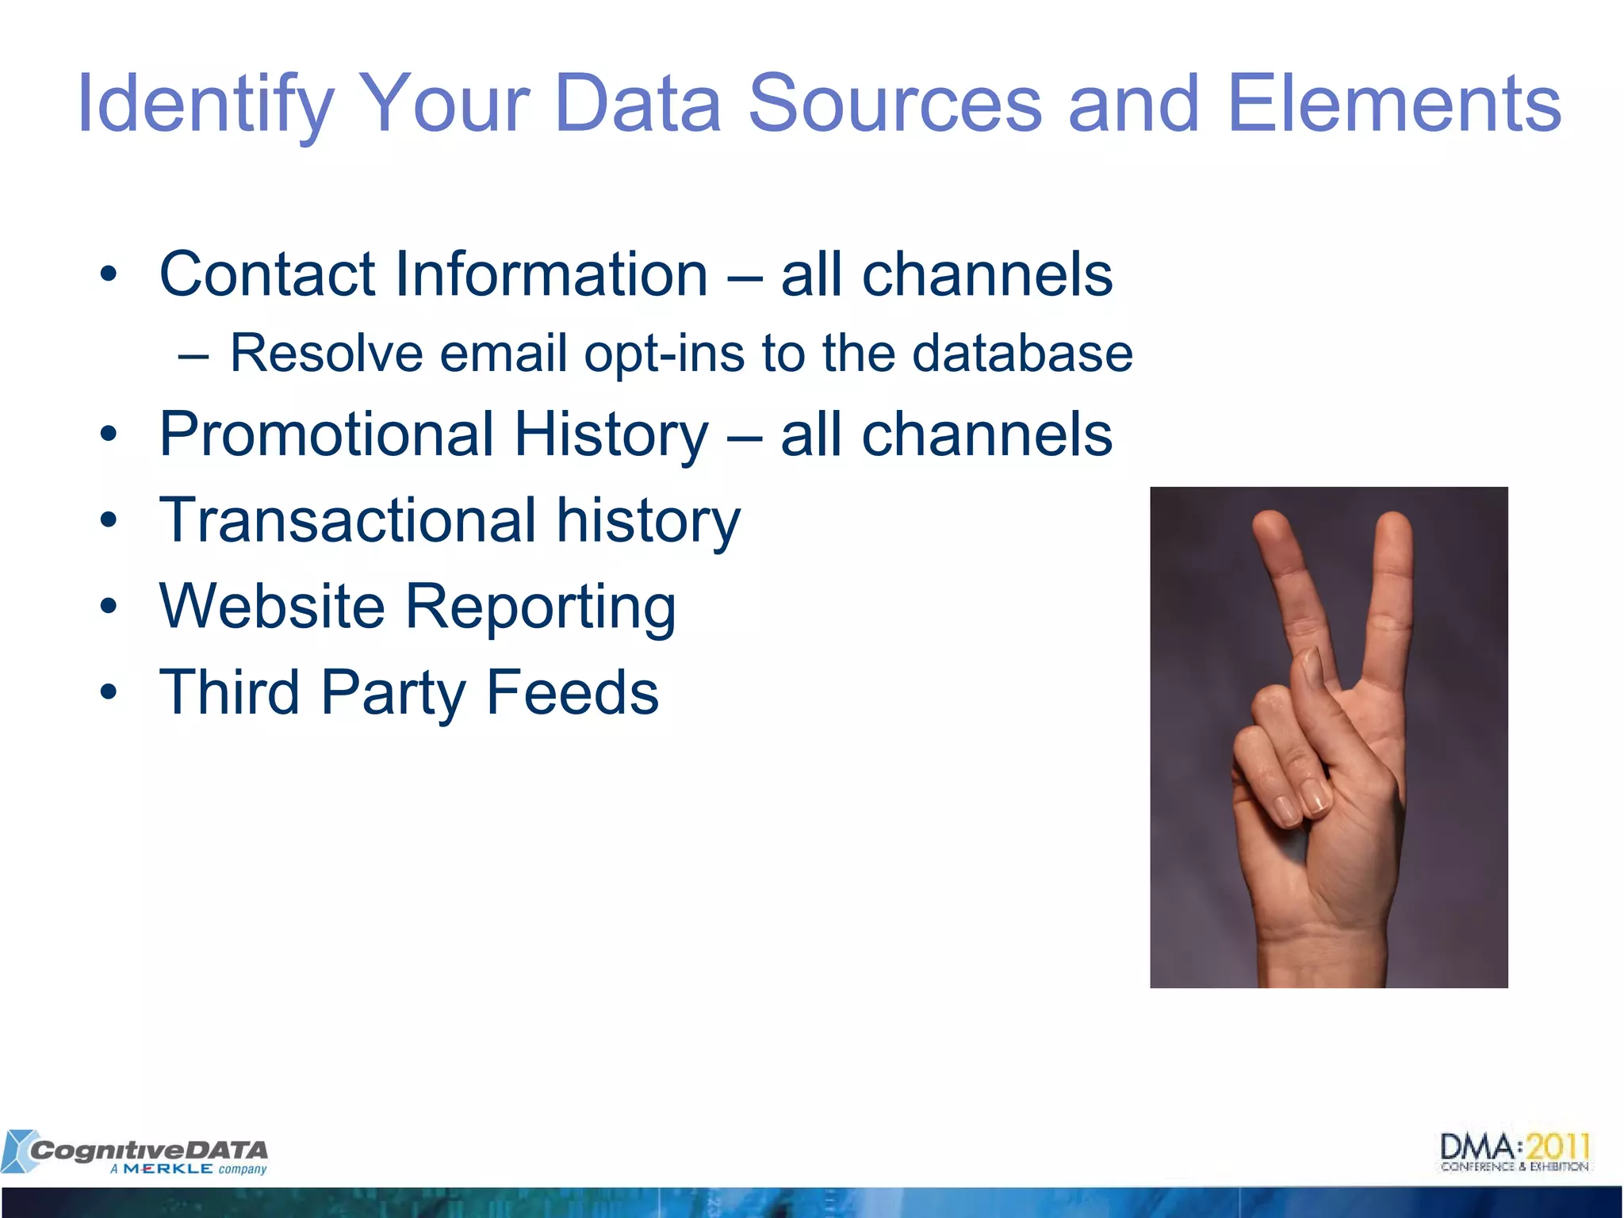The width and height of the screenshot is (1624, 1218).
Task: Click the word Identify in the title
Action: tap(205, 105)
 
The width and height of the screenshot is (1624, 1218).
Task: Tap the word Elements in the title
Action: tap(1393, 105)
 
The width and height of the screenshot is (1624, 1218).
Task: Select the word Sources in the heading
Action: tap(894, 105)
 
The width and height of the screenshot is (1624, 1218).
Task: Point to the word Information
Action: tap(550, 274)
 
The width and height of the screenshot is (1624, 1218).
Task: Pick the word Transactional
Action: tap(348, 521)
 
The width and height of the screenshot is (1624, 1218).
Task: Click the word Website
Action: tap(272, 607)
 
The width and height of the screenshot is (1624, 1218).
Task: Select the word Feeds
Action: tap(572, 692)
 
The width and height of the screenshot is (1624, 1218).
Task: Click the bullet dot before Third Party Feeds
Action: tap(109, 692)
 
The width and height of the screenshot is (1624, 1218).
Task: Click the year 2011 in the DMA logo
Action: tap(1558, 1147)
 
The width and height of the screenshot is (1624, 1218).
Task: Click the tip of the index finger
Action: tap(1271, 523)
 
